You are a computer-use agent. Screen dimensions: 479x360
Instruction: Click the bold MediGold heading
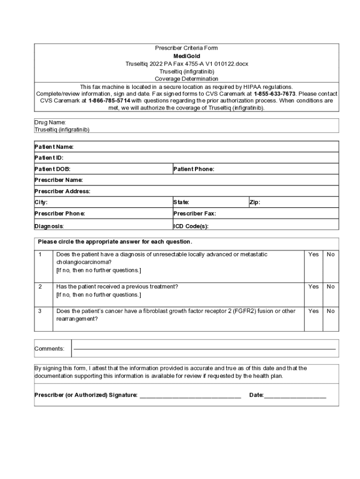pos(187,56)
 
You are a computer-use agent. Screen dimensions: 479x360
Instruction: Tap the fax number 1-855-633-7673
pos(274,94)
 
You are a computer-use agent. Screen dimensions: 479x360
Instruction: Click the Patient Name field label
pos(54,147)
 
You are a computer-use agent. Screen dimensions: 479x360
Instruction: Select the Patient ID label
pos(49,158)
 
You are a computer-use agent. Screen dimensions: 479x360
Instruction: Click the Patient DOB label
pos(52,169)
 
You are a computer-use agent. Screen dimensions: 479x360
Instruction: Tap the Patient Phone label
pos(194,169)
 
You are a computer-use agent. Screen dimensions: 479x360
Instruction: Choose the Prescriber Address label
pos(62,191)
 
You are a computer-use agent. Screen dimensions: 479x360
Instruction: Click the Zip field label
pos(255,203)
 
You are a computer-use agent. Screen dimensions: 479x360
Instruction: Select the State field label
pos(181,203)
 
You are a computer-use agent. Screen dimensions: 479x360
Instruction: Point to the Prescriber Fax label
pos(194,214)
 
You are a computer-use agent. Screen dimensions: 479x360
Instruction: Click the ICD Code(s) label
pos(191,226)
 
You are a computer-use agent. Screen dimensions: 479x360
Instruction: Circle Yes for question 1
pos(313,254)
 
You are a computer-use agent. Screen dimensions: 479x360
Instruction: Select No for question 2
pos(331,287)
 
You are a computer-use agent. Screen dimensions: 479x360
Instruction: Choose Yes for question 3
pos(313,311)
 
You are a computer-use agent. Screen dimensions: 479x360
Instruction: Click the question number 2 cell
pos(40,287)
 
